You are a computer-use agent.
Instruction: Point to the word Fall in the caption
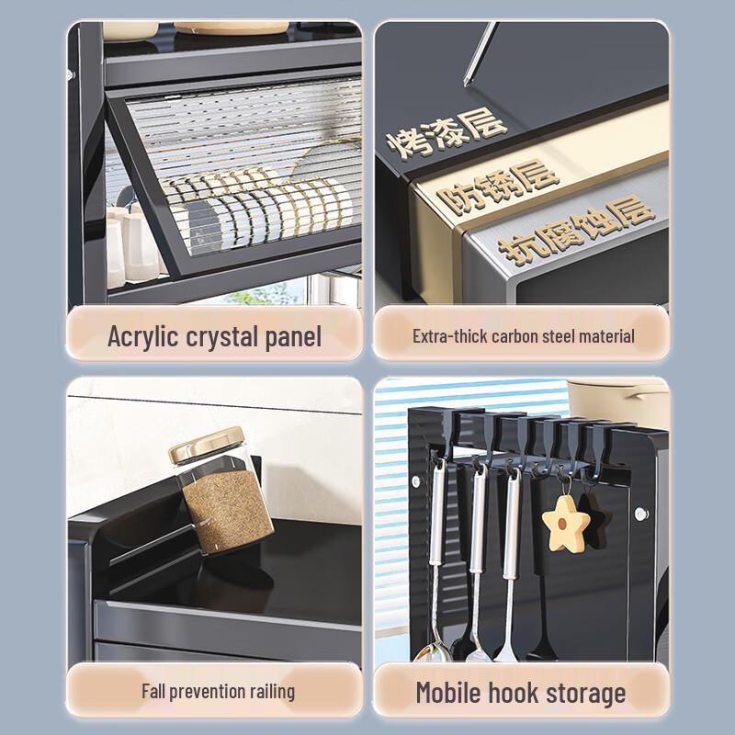coord(153,692)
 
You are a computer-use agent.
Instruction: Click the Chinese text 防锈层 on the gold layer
coord(498,187)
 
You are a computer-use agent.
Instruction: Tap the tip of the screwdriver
coord(467,85)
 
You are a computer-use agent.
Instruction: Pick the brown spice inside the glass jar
coord(228,511)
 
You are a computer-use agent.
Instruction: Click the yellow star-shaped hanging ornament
coord(565,523)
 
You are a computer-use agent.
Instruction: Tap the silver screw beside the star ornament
coord(640,514)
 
